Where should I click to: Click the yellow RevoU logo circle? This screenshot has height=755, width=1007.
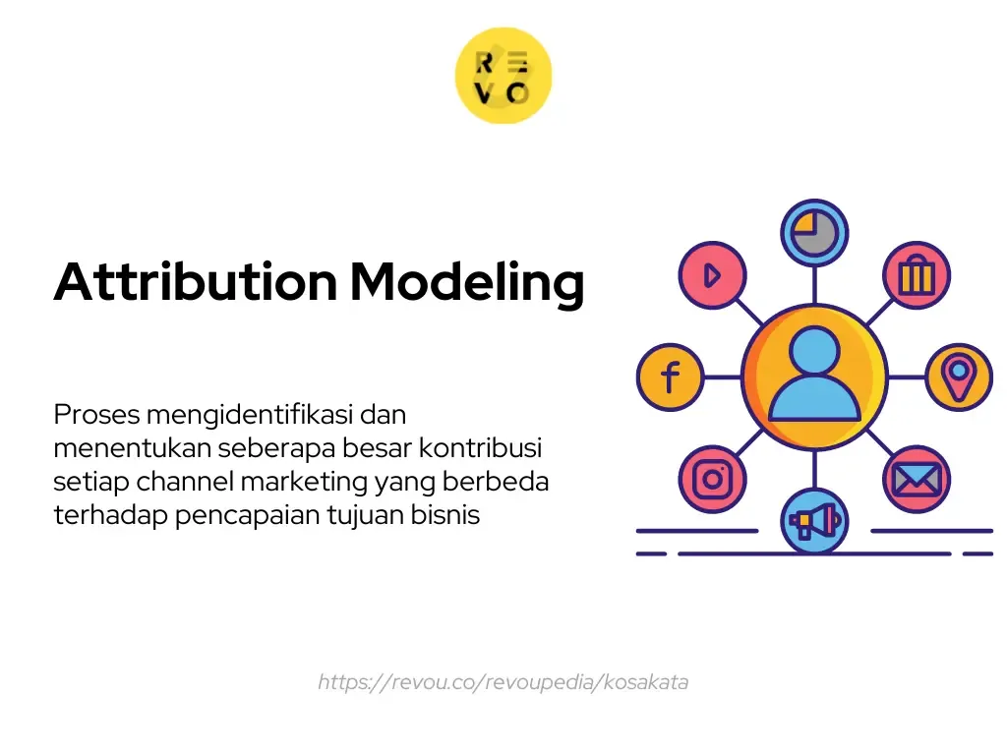(503, 76)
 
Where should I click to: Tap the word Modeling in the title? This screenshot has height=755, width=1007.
(467, 282)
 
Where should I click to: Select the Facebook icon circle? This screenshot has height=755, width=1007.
(670, 377)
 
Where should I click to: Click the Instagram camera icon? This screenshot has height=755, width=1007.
(712, 479)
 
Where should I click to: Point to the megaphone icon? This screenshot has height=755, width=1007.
(814, 520)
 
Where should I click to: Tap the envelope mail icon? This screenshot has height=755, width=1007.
(916, 479)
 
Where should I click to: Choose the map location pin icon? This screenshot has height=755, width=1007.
(959, 377)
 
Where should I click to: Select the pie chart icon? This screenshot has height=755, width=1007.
(814, 233)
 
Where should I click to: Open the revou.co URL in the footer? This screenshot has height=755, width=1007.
(503, 682)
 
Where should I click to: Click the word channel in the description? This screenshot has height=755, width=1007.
(184, 482)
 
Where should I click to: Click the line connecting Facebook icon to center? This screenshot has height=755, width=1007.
(722, 377)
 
